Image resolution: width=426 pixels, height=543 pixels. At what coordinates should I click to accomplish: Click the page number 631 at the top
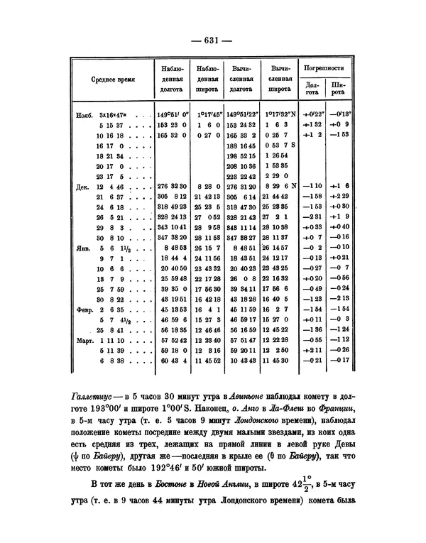213,40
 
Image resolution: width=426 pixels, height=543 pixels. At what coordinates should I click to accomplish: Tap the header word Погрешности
324,68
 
